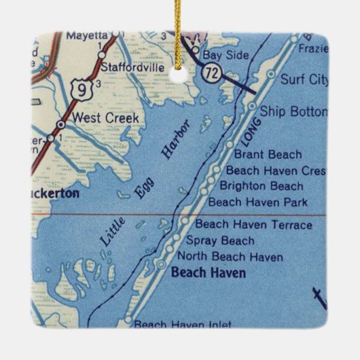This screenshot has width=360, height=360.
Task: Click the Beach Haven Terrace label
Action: [253, 225]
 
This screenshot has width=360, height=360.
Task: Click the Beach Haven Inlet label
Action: [183, 325]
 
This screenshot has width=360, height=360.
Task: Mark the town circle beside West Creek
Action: [62, 125]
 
